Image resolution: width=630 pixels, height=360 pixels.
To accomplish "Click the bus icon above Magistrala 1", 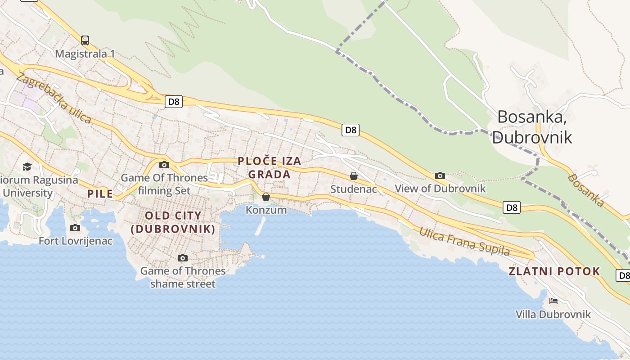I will coord(85,40).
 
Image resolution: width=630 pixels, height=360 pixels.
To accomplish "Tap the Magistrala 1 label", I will coord(85,54).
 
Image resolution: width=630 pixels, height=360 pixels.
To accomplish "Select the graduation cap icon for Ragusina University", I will coord(27,167).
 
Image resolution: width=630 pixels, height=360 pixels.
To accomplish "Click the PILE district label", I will coord(100,194).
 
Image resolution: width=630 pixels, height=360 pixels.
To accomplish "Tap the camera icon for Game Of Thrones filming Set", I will coord(164,165).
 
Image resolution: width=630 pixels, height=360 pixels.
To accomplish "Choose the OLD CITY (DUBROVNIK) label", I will coord(173,222).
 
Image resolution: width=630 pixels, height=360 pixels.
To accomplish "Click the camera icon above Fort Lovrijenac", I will coord(75,228).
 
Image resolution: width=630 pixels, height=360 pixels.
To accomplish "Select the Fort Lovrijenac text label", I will coord(75,241).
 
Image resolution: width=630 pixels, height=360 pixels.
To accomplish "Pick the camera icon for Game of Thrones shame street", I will coord(182,258).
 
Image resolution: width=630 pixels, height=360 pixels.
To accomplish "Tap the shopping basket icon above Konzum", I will coord(266,197).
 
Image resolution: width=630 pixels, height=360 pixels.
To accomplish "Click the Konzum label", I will coord(266,210).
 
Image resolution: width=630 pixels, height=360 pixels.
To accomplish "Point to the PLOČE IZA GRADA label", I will coord(269,167).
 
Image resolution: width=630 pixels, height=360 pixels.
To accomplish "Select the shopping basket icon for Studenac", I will coord(354,176).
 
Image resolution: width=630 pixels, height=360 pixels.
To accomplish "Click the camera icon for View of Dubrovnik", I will coord(440,175).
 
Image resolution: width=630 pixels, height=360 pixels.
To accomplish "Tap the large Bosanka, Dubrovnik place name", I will coord(532,127).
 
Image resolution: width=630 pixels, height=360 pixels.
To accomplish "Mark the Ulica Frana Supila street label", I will coord(464,242).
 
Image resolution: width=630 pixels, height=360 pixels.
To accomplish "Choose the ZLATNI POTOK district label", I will coord(554,271).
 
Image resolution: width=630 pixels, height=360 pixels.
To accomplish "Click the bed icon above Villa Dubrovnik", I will coord(553,301).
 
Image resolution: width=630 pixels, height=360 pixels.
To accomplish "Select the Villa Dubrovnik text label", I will coord(553,314).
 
